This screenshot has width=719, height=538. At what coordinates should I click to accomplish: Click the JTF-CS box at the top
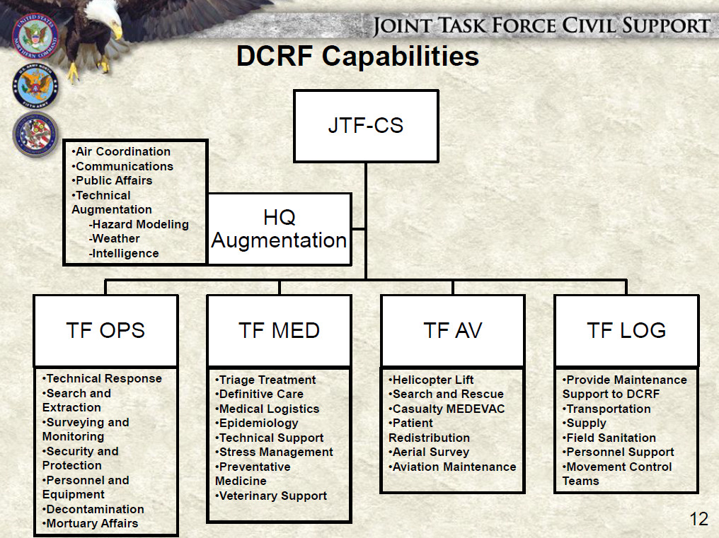tap(365, 126)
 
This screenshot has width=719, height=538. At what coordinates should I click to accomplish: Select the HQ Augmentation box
tap(279, 228)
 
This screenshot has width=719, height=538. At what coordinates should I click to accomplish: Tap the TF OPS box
tap(105, 330)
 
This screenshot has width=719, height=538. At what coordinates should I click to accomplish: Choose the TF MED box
tap(279, 330)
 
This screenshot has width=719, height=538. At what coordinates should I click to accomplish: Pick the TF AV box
tap(452, 330)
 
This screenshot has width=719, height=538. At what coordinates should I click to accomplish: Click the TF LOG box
tap(626, 330)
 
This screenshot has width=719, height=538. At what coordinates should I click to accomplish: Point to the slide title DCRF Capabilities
tap(357, 57)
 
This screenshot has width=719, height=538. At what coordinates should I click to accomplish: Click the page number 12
tap(698, 520)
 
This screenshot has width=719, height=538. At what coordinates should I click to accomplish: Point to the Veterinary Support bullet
tap(272, 496)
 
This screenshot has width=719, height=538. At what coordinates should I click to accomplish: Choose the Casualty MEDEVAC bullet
tap(447, 409)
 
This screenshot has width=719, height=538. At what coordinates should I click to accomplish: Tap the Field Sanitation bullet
tap(610, 438)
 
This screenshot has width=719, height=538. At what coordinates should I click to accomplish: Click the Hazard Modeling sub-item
tap(139, 224)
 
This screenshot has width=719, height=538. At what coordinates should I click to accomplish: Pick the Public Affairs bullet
tap(113, 180)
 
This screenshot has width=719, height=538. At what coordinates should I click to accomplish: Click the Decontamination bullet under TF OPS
tap(94, 509)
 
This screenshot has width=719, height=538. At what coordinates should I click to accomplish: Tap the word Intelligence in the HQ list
tap(125, 253)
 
